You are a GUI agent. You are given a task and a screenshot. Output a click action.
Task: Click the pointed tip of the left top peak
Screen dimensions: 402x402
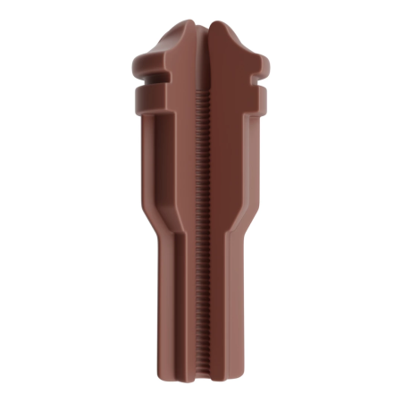pyautogui.click(x=188, y=24)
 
